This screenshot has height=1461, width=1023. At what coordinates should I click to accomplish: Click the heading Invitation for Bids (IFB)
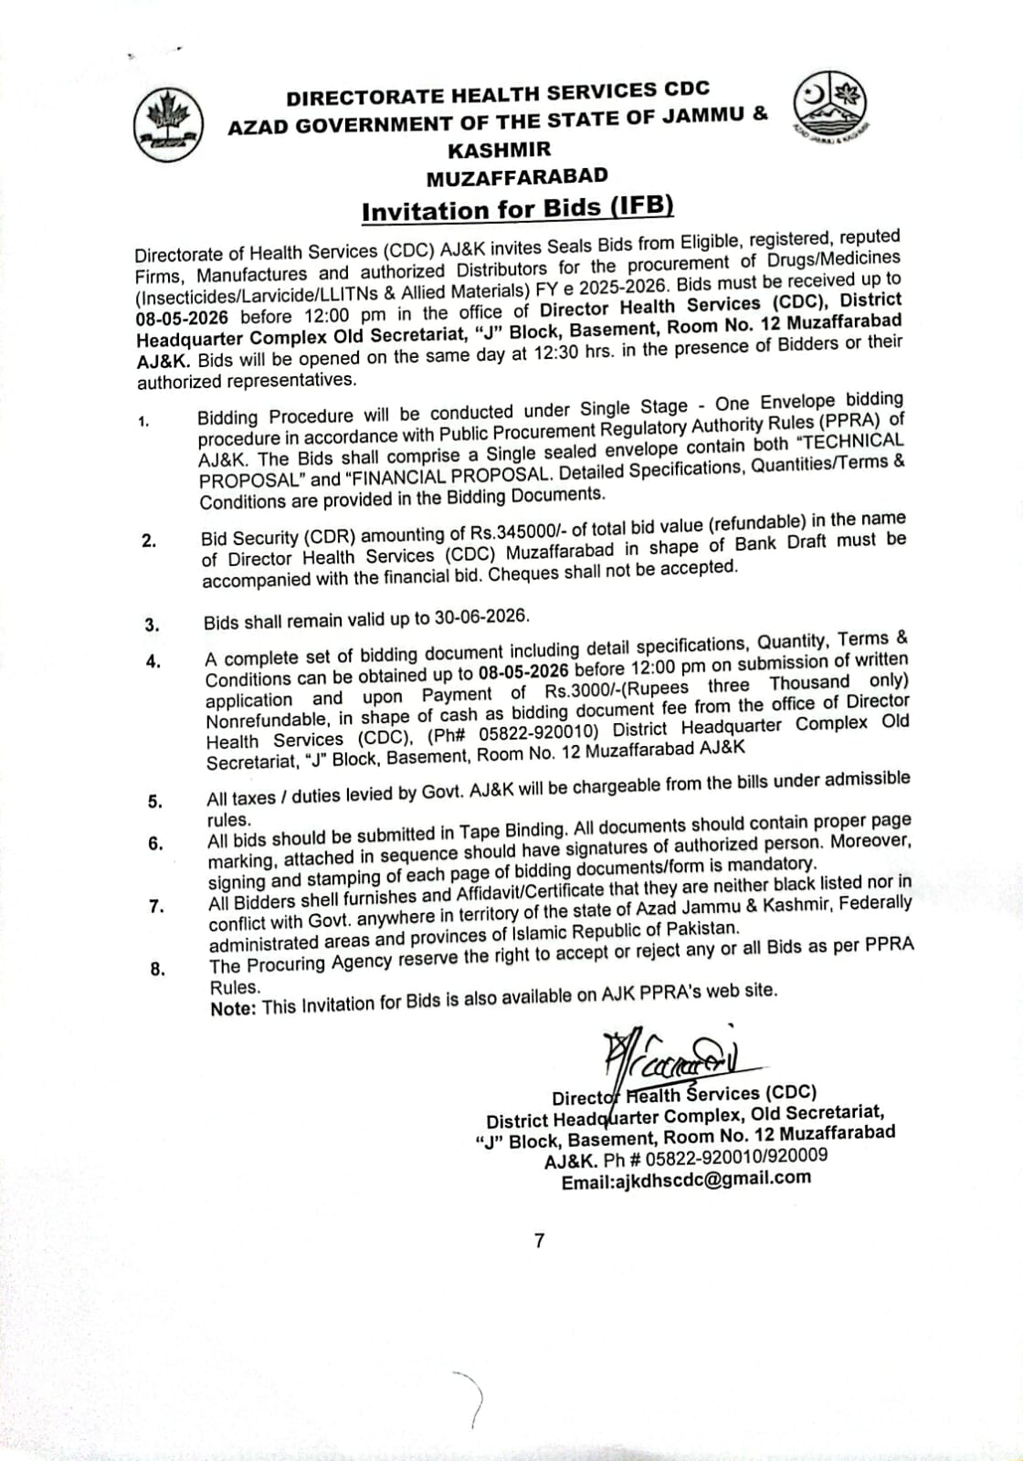point(518,209)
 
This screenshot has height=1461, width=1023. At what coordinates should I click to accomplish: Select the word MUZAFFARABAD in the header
point(517,175)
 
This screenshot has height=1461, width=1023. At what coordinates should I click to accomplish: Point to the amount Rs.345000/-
point(529,531)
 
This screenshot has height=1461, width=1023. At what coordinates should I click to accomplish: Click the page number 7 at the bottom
point(539,1240)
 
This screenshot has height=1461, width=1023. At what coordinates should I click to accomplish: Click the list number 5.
point(155,802)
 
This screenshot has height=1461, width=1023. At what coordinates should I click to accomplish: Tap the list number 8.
point(157,970)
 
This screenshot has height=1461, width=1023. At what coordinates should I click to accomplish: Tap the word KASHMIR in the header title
point(499,147)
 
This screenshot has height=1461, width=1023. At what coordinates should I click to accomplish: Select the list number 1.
point(143,421)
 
